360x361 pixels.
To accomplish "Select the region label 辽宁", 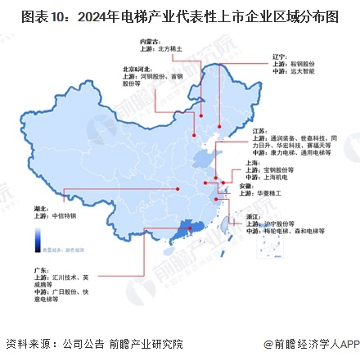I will [278, 58].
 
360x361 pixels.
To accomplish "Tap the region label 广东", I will [37, 268].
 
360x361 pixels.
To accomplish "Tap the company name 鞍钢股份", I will [300, 65].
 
